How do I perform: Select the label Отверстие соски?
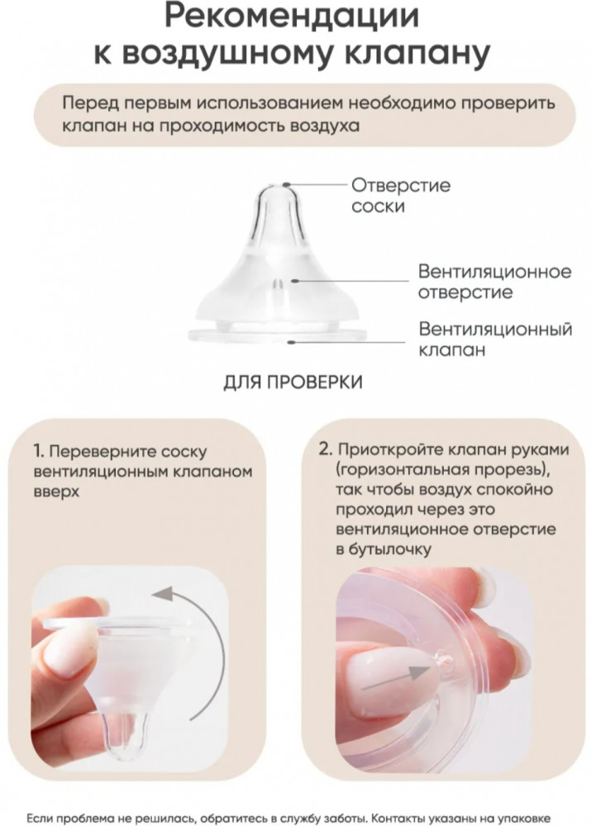pos(401,196)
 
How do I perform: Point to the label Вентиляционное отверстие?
pos(494,282)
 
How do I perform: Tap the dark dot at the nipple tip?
pos(286,185)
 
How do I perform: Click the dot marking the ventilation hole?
pos(296,281)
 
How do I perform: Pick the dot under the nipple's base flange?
pos(290,342)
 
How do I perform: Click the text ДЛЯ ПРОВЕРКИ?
pos(293,382)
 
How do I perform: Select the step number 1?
pos(38,452)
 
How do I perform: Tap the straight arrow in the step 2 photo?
pos(396,678)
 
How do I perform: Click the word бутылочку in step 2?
pos(389,549)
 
